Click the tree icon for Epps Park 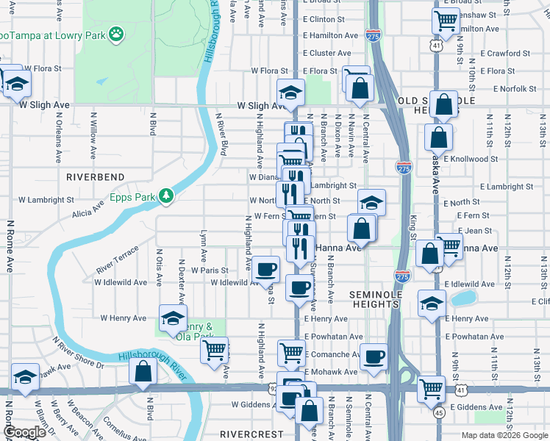(167, 196)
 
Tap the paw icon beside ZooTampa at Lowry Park (115, 33)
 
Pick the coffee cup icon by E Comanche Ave (373, 356)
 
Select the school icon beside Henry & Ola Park (174, 318)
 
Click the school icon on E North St (372, 201)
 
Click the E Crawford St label (505, 53)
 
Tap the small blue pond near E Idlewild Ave (463, 298)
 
